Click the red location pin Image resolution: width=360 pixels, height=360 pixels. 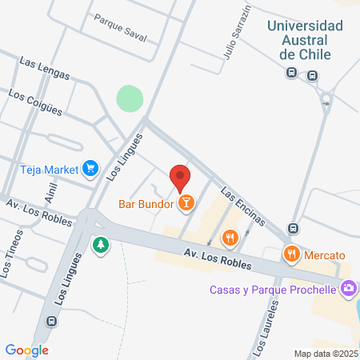click(x=180, y=176)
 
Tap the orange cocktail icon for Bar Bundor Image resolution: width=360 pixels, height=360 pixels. click(x=186, y=203)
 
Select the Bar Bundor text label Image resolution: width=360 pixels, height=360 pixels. click(x=146, y=203)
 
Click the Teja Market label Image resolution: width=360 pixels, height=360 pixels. click(x=49, y=169)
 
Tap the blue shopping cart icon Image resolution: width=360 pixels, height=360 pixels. click(x=90, y=168)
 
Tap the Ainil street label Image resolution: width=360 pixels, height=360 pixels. click(x=52, y=192)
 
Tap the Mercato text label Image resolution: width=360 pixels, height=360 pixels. click(x=324, y=254)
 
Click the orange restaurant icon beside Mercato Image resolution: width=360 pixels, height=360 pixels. click(x=291, y=254)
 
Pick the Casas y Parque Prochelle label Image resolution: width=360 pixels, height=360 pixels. click(x=273, y=289)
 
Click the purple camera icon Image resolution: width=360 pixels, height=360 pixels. click(x=348, y=288)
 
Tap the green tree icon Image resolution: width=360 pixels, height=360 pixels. click(x=101, y=244)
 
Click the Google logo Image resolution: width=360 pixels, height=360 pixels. click(x=26, y=350)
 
